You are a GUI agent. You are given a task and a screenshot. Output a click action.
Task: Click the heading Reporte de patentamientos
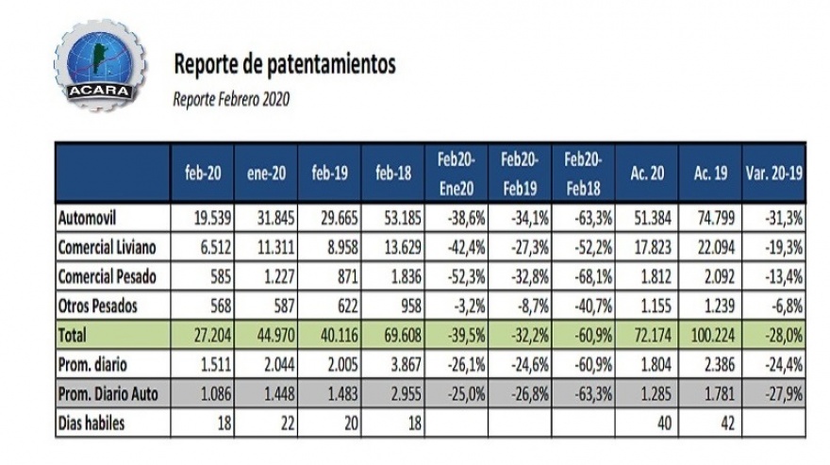point(284,64)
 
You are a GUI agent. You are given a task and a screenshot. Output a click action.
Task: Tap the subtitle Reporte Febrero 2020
point(231,97)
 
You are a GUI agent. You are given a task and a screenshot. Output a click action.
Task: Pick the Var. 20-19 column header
point(772,172)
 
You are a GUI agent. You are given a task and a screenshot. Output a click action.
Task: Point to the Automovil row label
point(88,219)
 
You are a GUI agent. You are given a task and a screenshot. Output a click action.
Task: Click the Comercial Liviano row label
point(108,247)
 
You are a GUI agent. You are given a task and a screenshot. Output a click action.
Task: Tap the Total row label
point(73,335)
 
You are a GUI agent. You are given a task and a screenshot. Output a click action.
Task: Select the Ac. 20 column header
point(645,172)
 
